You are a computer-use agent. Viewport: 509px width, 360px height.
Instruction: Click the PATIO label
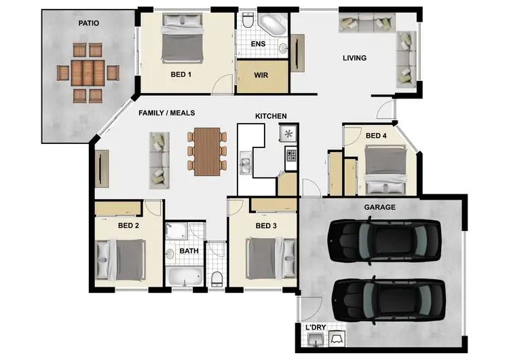point(88,23)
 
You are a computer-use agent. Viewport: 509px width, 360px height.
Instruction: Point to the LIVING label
point(354,58)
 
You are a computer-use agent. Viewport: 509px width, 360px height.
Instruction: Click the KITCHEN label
point(271,116)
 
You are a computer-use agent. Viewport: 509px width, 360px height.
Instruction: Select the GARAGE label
point(379,207)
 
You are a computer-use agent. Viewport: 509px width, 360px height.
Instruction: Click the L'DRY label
point(316,328)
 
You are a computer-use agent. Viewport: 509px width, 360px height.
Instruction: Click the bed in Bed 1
point(183,39)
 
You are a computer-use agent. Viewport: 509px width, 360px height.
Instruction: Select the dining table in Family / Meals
point(207,151)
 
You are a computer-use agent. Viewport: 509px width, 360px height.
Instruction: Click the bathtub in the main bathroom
point(184,277)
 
